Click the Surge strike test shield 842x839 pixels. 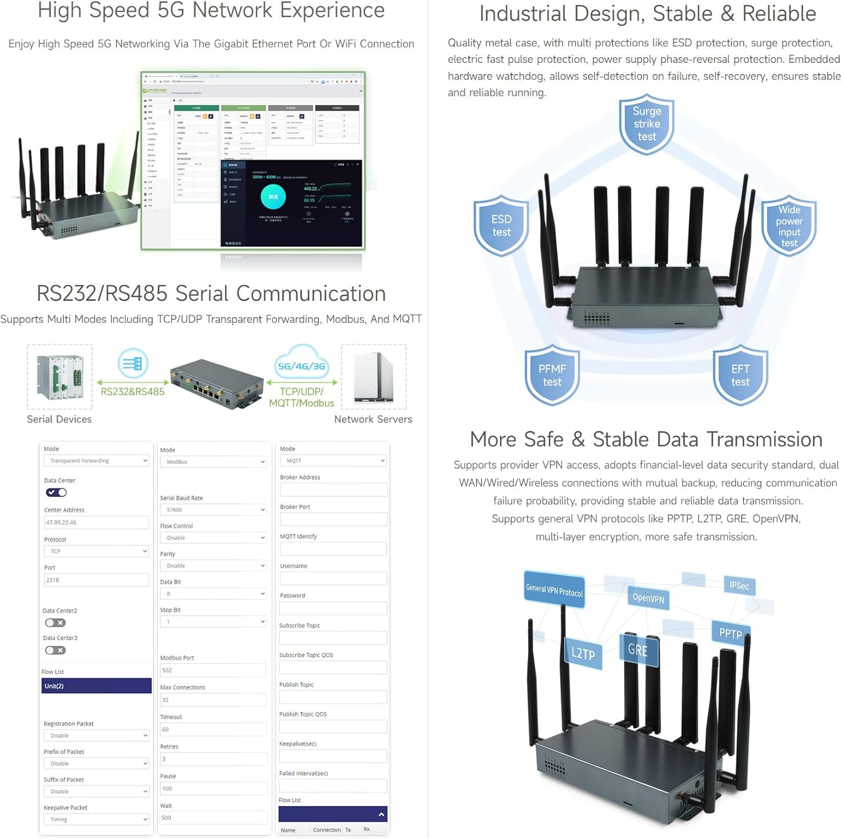tap(647, 125)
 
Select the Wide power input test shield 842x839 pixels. tap(789, 226)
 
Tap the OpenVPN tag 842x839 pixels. tap(648, 598)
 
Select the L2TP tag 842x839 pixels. tap(583, 653)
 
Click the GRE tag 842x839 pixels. tap(638, 650)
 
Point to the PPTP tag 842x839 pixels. tap(730, 633)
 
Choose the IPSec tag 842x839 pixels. tap(739, 585)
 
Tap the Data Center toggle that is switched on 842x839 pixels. tap(56, 492)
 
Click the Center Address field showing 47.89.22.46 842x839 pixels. tap(96, 522)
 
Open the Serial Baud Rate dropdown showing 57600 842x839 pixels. tap(213, 510)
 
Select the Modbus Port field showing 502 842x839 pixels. tap(213, 670)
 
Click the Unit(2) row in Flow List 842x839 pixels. tap(96, 686)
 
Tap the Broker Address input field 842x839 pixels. tap(333, 489)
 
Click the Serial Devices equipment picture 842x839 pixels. tap(60, 377)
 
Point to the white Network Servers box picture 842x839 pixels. tap(373, 377)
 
